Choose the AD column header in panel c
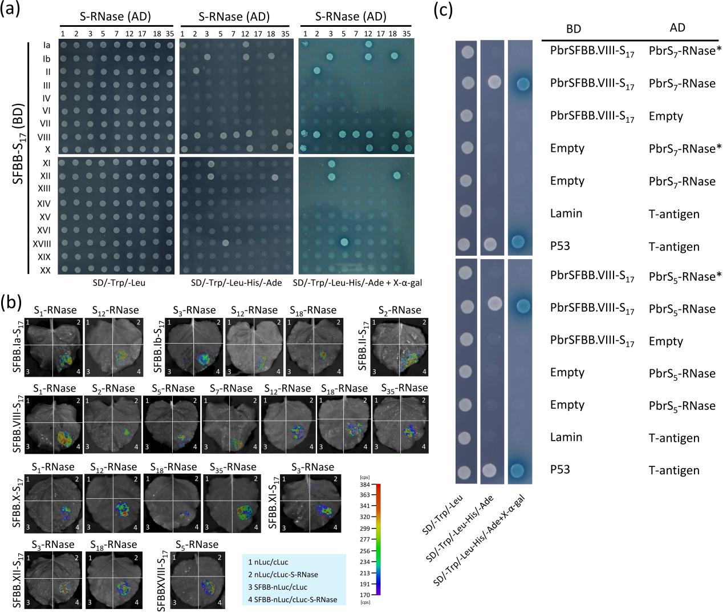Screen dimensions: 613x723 click(x=677, y=27)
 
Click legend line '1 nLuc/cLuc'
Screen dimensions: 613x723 click(x=268, y=562)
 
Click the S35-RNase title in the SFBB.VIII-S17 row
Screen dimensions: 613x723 click(x=404, y=388)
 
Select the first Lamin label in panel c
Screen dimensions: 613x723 click(x=566, y=213)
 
